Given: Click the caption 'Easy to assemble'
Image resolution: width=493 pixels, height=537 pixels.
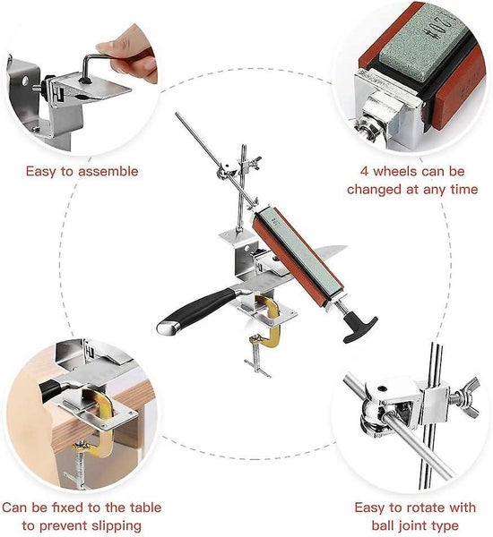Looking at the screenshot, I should pos(82,171).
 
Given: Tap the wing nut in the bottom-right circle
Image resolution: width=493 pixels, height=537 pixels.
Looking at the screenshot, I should pos(465,397).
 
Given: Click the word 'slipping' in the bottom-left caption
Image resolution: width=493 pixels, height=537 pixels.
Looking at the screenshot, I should pos(111,525).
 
